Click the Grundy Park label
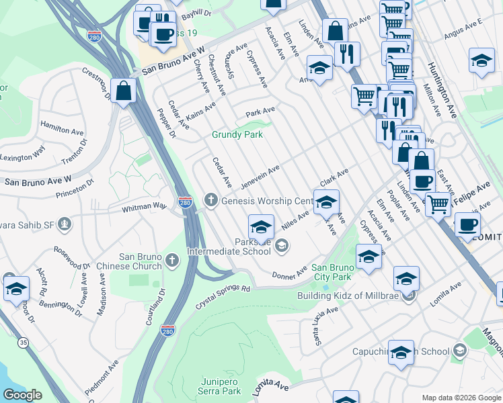click(237, 134)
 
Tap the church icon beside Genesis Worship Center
click(211, 200)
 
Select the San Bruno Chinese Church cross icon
click(171, 260)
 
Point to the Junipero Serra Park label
click(220, 386)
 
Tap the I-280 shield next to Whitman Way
click(186, 201)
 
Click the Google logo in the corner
click(22, 395)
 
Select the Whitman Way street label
click(143, 209)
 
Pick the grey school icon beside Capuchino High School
click(459, 351)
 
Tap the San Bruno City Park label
click(332, 272)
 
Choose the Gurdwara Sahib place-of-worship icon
click(64, 223)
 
